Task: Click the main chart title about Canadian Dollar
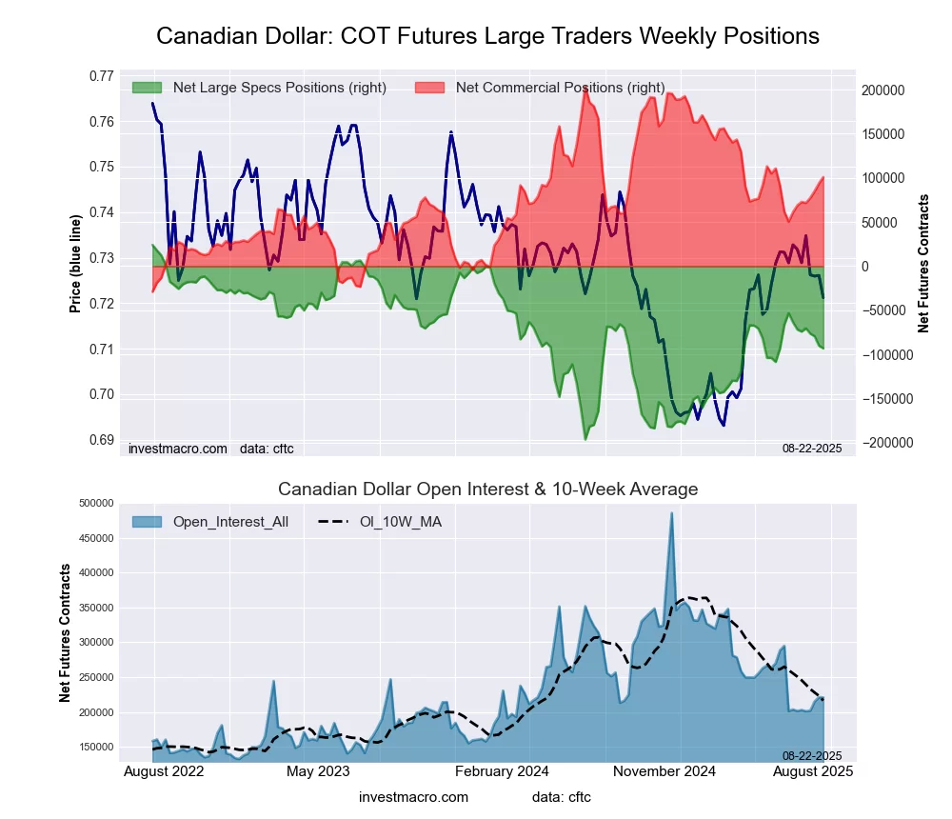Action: (487, 36)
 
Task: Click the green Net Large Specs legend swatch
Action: (148, 88)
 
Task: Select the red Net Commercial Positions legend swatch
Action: (430, 88)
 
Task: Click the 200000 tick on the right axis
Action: (883, 90)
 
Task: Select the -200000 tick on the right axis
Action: (883, 443)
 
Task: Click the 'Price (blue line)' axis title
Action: (75, 264)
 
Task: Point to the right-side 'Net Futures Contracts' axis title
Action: (923, 264)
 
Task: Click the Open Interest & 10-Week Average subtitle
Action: (487, 489)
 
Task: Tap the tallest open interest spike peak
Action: (671, 513)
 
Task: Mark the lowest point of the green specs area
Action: (585, 439)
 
